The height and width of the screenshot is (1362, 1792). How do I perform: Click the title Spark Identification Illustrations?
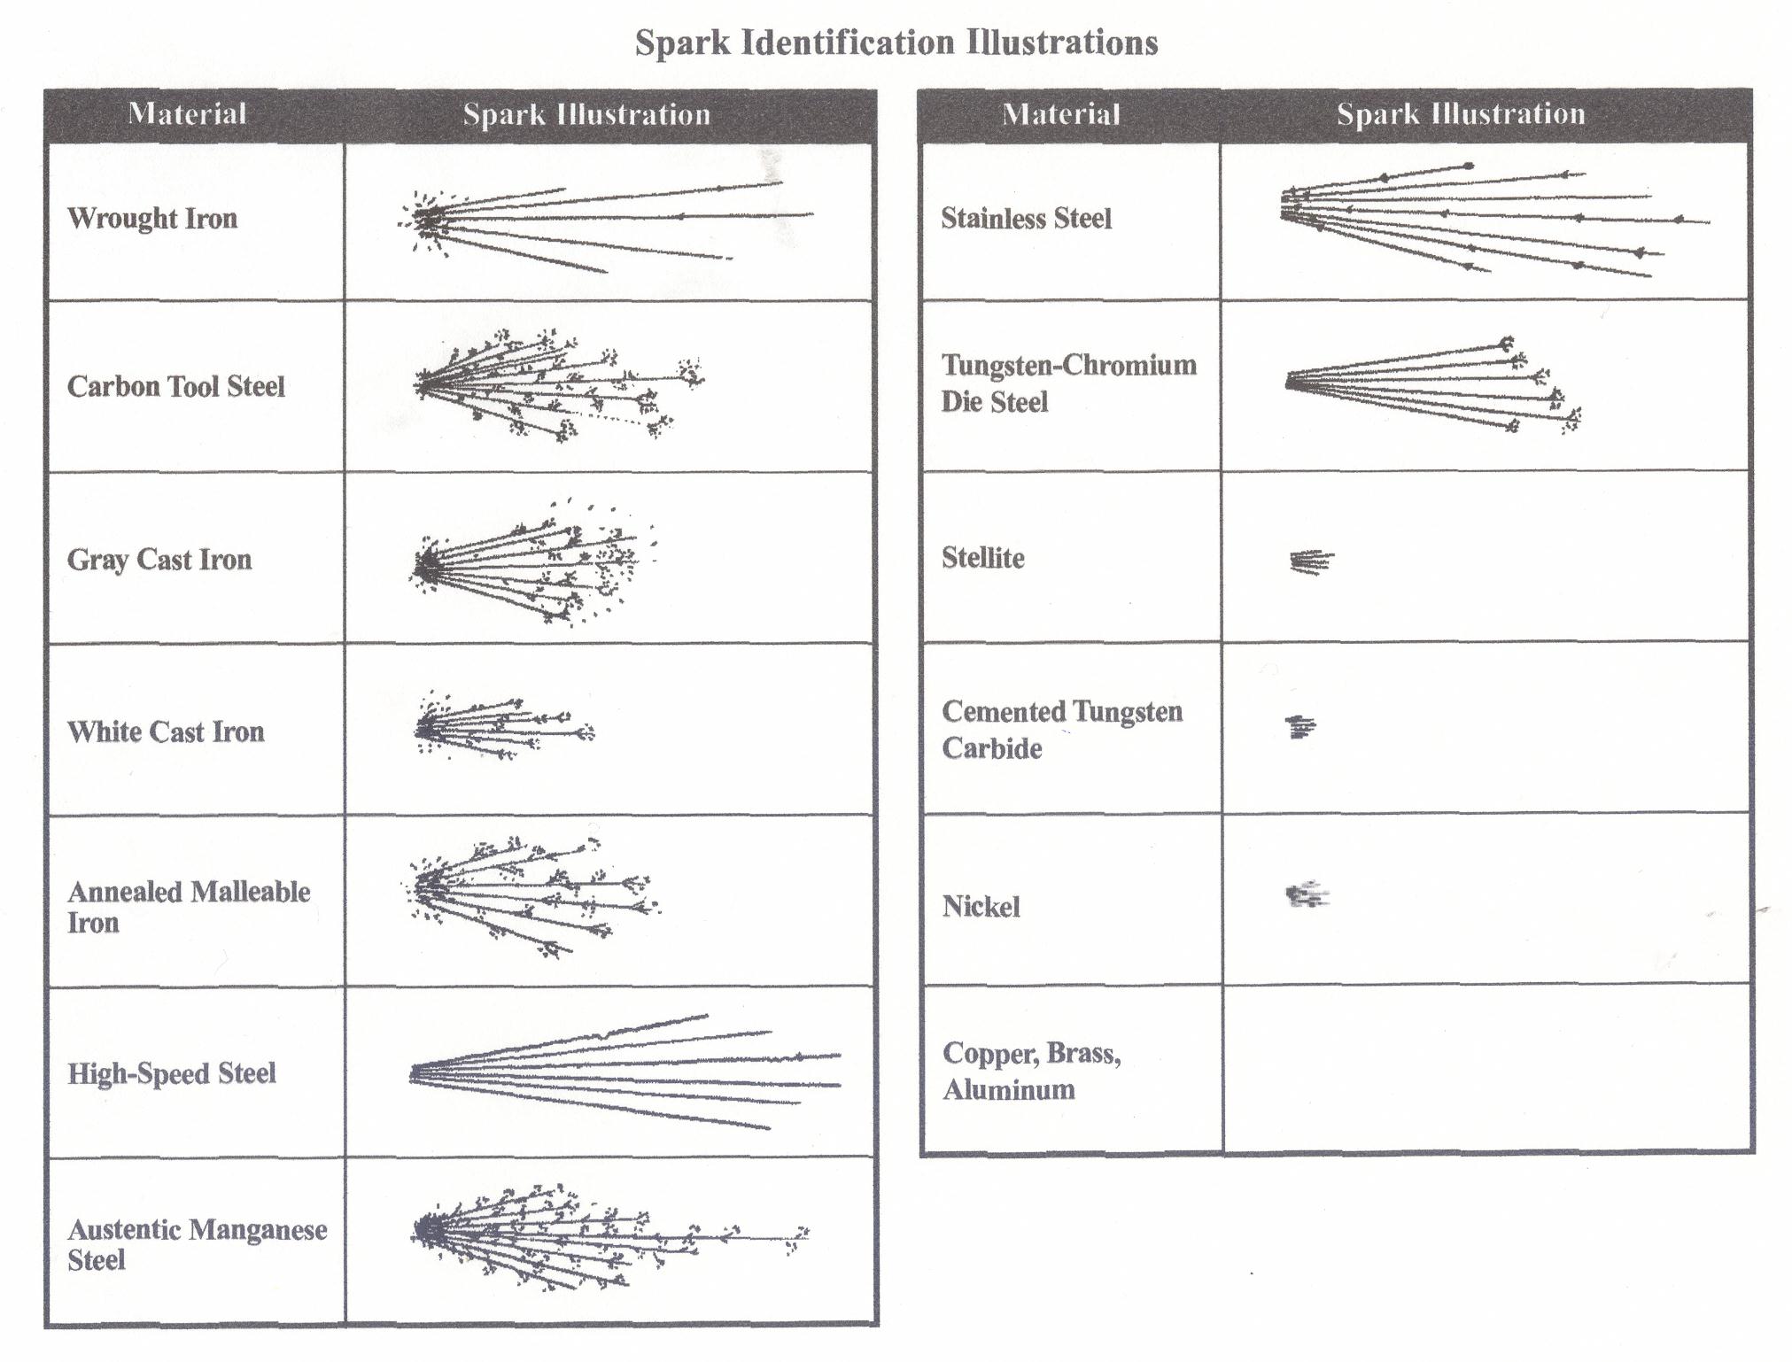[x=896, y=43]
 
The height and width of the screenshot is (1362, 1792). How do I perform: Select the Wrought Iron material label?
[x=152, y=219]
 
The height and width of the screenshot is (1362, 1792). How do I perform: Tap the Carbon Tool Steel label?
[x=176, y=386]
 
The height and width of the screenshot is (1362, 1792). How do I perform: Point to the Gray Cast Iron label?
[x=159, y=560]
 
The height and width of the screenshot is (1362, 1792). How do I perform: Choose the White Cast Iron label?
[x=166, y=731]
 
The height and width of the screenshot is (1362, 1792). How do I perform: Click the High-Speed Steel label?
[x=172, y=1073]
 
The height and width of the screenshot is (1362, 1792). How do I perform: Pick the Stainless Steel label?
[x=1026, y=218]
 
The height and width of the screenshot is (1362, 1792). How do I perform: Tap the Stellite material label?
[x=982, y=558]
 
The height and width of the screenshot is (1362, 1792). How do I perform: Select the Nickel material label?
[x=981, y=907]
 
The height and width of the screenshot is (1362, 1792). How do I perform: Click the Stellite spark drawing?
[x=1311, y=561]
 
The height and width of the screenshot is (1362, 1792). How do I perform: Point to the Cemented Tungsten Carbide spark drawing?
[x=1300, y=727]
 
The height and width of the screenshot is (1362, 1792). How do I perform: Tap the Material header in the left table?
[x=187, y=114]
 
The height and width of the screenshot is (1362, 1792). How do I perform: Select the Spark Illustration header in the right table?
[x=1461, y=113]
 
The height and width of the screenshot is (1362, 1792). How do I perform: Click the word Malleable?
[x=251, y=892]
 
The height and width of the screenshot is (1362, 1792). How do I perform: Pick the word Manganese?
[x=258, y=1230]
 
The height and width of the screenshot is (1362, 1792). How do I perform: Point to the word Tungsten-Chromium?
[x=1069, y=365]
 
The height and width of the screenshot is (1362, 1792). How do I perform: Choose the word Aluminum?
[x=1009, y=1089]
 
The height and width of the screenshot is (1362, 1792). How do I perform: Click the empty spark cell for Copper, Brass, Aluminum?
[x=1486, y=1069]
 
